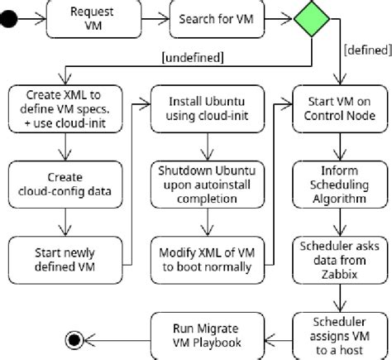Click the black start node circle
pyautogui.click(x=9, y=18)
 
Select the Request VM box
pyautogui.click(x=87, y=18)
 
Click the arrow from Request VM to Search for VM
pyautogui.click(x=147, y=18)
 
